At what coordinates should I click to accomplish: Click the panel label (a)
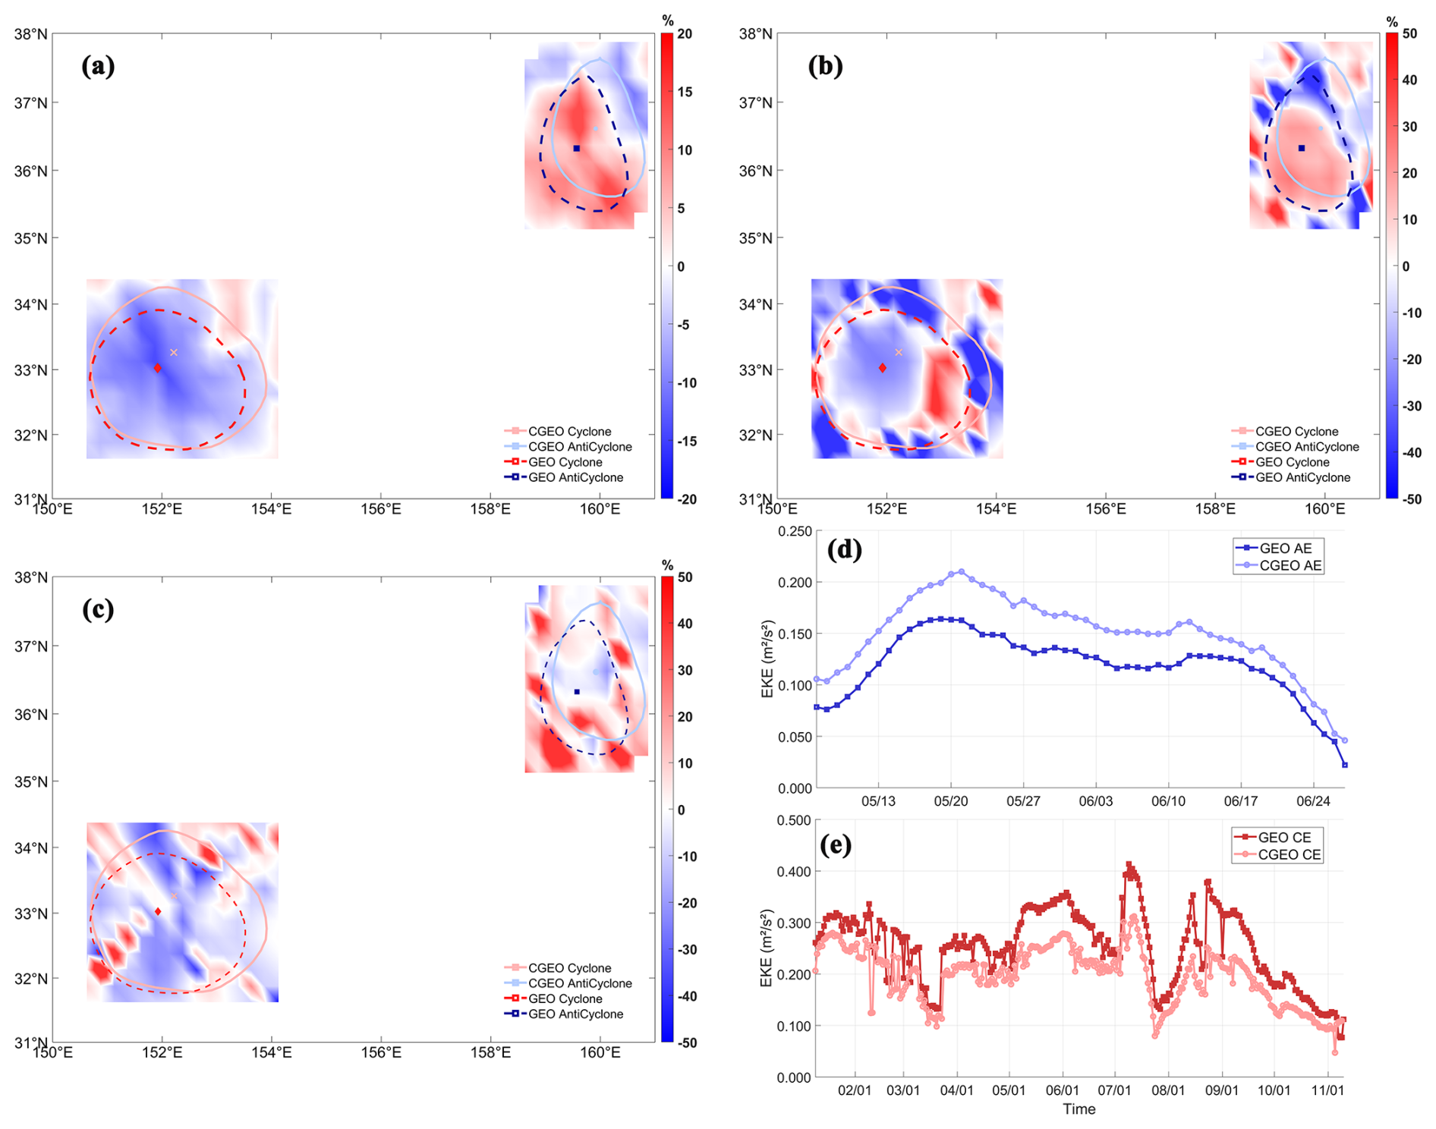[98, 67]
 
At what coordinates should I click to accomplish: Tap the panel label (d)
[844, 549]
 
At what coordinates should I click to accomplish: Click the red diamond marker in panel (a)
[158, 368]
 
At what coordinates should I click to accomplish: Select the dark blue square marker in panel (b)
[1302, 148]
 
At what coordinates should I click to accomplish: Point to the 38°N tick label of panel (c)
[31, 578]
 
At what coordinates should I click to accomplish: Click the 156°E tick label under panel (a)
[380, 509]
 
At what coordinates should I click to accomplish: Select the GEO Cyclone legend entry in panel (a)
[565, 462]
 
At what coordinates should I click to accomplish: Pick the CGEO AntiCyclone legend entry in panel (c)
[579, 983]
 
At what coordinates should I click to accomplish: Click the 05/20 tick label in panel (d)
[950, 801]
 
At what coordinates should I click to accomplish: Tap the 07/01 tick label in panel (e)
[1114, 1090]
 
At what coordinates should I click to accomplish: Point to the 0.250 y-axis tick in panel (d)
[794, 532]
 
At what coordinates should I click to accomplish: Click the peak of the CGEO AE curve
[962, 571]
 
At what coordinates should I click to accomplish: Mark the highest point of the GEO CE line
[1129, 865]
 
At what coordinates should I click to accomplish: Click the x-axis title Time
[1079, 1109]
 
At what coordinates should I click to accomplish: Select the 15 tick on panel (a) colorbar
[684, 93]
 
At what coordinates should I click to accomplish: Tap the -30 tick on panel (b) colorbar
[1411, 406]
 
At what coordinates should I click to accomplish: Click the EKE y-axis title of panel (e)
[766, 948]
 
